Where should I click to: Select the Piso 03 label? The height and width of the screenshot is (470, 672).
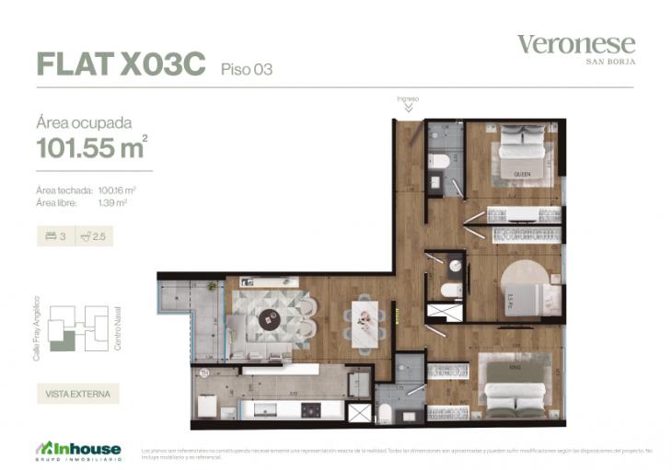(247, 68)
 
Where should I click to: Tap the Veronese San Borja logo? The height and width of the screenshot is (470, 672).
(576, 47)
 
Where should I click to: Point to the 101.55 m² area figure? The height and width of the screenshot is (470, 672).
(91, 146)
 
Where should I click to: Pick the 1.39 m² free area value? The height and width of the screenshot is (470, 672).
(111, 202)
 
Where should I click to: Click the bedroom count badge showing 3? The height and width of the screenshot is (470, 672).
(55, 236)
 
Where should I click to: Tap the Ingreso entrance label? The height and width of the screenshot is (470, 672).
(408, 98)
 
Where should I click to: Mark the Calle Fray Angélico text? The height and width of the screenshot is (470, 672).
(38, 327)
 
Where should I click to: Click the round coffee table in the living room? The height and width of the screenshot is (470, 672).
(270, 321)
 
